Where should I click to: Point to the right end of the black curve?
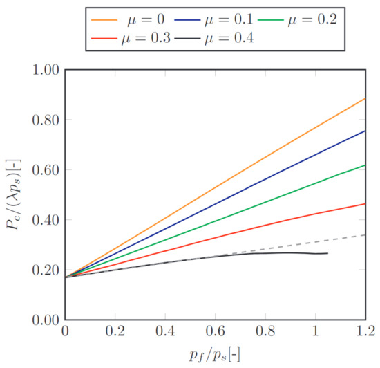click(x=327, y=253)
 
